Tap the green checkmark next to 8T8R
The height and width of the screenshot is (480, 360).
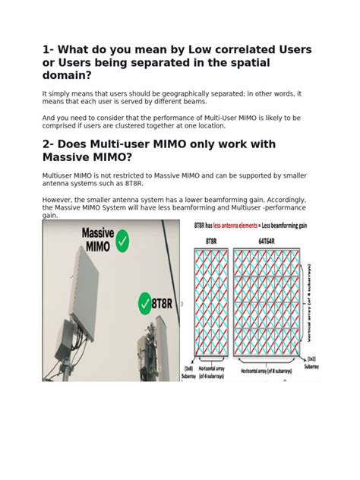pos(144,304)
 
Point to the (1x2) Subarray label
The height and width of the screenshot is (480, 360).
pos(312,362)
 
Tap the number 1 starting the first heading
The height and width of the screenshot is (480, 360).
pos(46,49)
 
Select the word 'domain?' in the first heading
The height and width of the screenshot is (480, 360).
pos(71,76)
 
